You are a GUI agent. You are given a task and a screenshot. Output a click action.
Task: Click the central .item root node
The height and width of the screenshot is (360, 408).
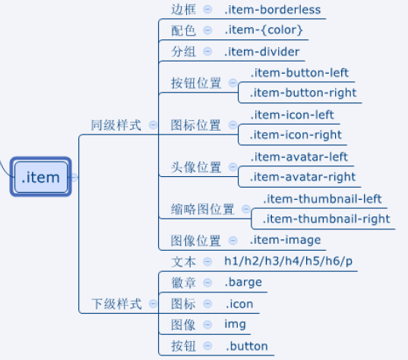click(40, 177)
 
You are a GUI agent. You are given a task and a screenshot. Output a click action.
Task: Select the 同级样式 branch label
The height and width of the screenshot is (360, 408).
click(116, 125)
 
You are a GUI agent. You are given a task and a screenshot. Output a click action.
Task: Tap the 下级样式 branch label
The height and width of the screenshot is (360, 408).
click(116, 304)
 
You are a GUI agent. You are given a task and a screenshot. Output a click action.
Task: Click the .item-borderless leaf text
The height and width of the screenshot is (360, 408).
click(273, 10)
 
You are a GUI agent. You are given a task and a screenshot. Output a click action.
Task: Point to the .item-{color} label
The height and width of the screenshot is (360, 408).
click(264, 30)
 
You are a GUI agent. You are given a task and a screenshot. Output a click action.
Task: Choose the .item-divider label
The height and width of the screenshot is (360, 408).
click(262, 52)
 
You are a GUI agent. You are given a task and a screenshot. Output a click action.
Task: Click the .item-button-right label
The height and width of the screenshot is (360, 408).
click(303, 93)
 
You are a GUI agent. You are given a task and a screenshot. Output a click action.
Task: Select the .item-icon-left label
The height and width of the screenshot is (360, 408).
click(292, 115)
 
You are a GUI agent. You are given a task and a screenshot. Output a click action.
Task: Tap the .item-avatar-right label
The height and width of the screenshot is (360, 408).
click(302, 177)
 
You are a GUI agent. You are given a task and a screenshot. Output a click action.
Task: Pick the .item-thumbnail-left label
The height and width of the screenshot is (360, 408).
click(322, 199)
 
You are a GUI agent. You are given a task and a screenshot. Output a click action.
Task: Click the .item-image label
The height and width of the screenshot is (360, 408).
click(285, 240)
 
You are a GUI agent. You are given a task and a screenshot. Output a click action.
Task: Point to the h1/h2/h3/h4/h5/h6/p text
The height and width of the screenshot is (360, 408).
click(288, 261)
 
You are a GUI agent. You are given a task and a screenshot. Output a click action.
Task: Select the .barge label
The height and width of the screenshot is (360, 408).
click(243, 283)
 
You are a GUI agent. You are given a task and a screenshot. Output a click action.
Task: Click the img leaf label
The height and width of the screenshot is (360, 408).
click(235, 324)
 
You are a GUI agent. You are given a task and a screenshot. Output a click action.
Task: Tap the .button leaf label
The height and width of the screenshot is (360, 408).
click(247, 346)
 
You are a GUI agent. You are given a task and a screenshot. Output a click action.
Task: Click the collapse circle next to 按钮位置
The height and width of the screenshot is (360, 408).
click(233, 83)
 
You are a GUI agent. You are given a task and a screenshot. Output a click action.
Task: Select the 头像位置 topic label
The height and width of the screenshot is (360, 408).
click(196, 167)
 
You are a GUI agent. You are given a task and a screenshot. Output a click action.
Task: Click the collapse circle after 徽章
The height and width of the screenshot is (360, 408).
click(207, 283)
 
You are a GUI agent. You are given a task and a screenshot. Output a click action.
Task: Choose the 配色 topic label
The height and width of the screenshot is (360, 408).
click(183, 30)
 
